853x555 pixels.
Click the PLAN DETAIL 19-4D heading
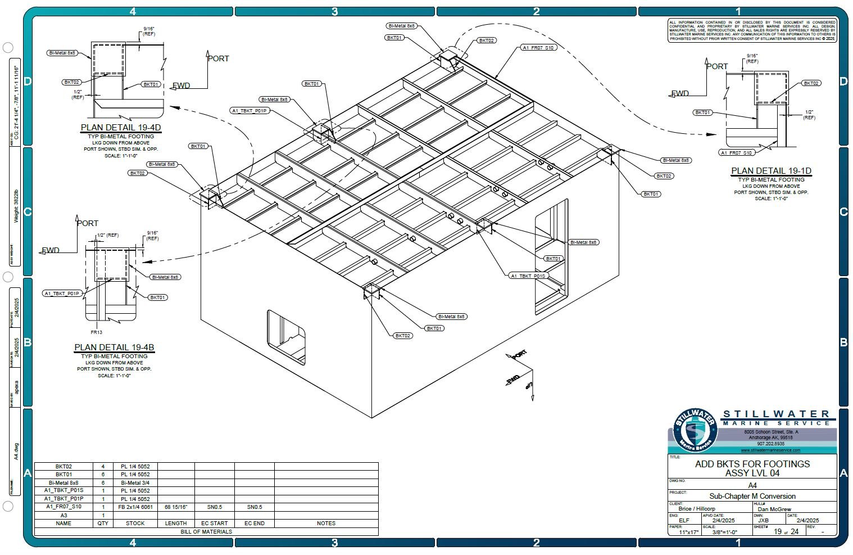coord(121,128)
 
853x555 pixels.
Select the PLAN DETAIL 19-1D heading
coord(771,171)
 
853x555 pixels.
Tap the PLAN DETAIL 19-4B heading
coord(114,348)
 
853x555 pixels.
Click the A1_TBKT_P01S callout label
coord(528,276)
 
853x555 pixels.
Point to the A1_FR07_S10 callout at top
coord(538,48)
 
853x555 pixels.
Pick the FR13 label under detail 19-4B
coord(96,332)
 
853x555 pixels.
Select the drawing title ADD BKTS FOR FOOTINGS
coord(752,464)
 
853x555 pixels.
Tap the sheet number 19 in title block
coord(778,531)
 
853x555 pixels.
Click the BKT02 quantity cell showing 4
coord(103,466)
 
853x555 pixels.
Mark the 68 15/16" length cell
coord(175,507)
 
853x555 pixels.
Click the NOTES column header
coord(326,523)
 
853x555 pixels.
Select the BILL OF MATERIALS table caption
coord(206,531)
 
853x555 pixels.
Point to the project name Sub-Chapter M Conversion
coord(752,496)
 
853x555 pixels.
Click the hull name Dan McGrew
coord(774,509)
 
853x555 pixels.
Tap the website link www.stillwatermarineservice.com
coord(770,450)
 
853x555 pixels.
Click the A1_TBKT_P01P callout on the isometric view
coord(249,111)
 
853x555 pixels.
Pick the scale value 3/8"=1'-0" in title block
coord(724,532)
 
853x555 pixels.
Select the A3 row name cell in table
coord(63,515)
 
